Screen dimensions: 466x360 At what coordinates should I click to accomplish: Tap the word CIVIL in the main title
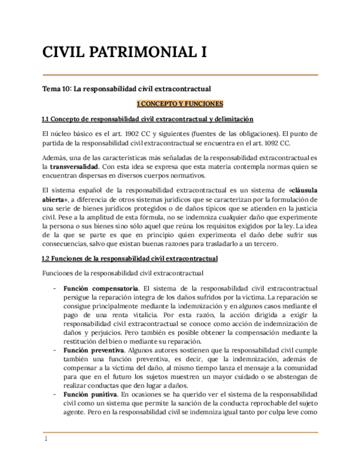62,53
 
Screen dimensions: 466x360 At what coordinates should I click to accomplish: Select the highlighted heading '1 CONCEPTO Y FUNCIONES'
179,103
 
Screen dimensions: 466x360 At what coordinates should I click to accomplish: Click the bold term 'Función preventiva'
94,349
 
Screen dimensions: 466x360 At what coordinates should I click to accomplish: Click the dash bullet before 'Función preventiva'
54,349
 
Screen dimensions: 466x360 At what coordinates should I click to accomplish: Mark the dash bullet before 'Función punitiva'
54,395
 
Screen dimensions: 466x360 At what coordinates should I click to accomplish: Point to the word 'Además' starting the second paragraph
54,157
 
